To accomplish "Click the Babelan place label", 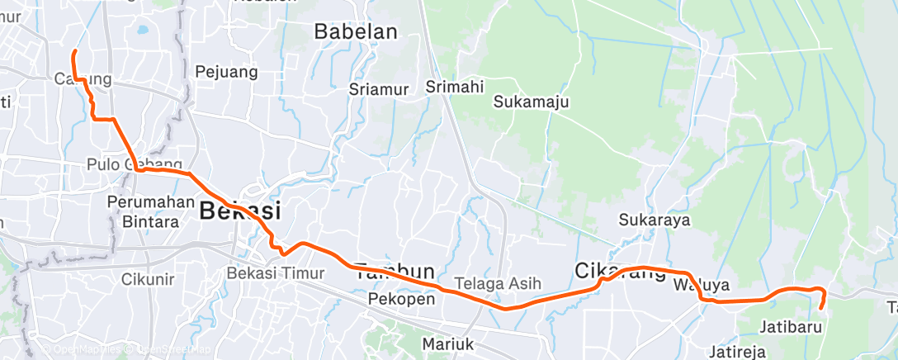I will pyautogui.click(x=356, y=32).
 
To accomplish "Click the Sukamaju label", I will pyautogui.click(x=532, y=102).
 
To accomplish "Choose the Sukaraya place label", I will pyautogui.click(x=655, y=220).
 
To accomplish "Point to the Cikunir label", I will pyautogui.click(x=148, y=279).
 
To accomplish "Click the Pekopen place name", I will pyautogui.click(x=402, y=298).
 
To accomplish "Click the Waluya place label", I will pyautogui.click(x=701, y=286).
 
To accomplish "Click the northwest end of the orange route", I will pyautogui.click(x=74, y=52).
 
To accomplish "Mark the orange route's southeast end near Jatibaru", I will pyautogui.click(x=821, y=307).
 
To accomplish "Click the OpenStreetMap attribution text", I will pyautogui.click(x=168, y=349).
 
